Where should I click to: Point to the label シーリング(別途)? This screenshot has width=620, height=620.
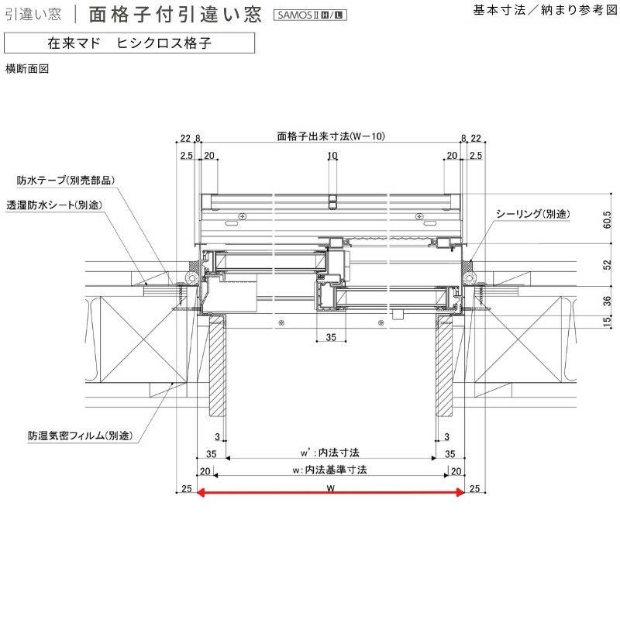536,213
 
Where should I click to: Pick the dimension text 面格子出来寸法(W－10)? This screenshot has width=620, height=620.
331,136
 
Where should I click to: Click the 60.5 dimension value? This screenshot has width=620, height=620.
607,221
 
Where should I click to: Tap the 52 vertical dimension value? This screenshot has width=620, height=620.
607,264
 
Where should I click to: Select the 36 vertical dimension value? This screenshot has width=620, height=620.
607,301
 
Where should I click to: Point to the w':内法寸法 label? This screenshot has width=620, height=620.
330,452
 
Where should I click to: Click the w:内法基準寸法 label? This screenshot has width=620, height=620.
330,470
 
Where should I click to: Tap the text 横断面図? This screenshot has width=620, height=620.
27,69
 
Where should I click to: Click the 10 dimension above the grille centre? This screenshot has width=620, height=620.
332,156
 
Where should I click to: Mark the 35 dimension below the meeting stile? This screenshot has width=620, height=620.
331,337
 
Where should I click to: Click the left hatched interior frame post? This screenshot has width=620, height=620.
216,363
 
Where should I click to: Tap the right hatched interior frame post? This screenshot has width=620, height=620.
446,363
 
